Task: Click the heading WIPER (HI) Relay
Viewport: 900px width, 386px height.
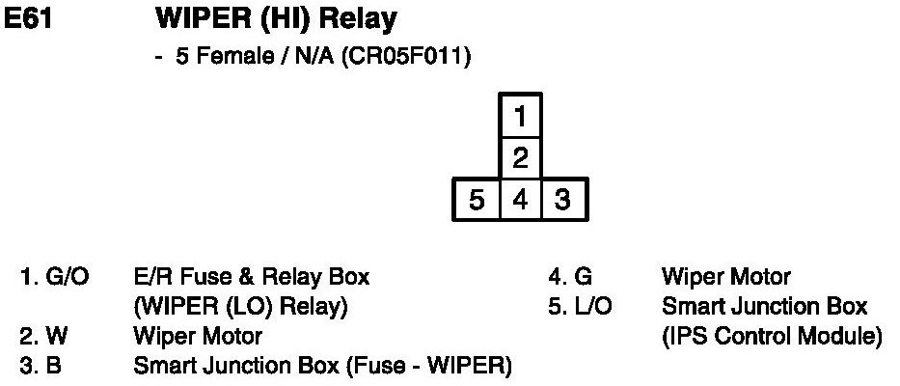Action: tap(275, 18)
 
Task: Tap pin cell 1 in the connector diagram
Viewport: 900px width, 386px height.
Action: tap(520, 118)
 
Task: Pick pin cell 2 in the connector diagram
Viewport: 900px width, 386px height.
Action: tap(520, 158)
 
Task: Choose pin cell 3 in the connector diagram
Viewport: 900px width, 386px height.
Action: tap(563, 201)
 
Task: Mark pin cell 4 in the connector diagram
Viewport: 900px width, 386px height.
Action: tap(520, 201)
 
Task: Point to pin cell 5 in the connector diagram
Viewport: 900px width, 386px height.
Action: tap(477, 201)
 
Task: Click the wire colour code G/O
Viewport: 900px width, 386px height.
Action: tap(68, 279)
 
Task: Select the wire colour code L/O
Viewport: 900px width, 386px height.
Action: tap(590, 308)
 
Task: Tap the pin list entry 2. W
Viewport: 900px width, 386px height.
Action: tap(41, 338)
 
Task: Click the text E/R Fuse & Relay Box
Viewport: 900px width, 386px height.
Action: tap(251, 279)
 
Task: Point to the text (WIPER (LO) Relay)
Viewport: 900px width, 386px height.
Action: tap(240, 308)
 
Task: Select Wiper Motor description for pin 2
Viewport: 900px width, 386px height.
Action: tap(197, 338)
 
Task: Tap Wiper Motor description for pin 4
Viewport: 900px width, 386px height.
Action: tap(725, 279)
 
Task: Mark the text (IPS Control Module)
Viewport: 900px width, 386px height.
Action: tap(772, 337)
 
